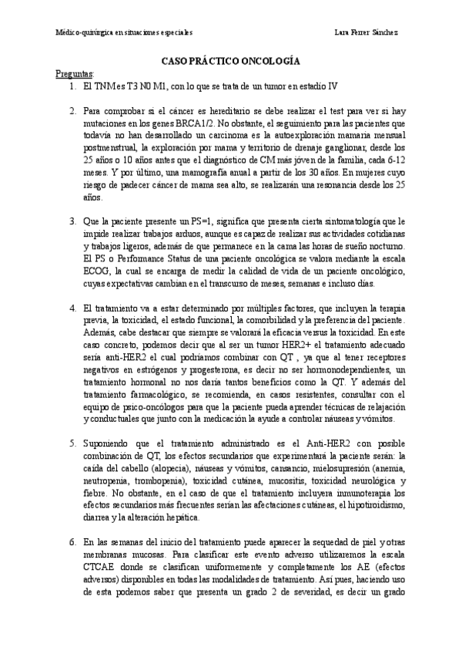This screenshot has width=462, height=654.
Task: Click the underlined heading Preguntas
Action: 75,74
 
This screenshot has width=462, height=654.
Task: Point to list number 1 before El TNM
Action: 72,87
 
